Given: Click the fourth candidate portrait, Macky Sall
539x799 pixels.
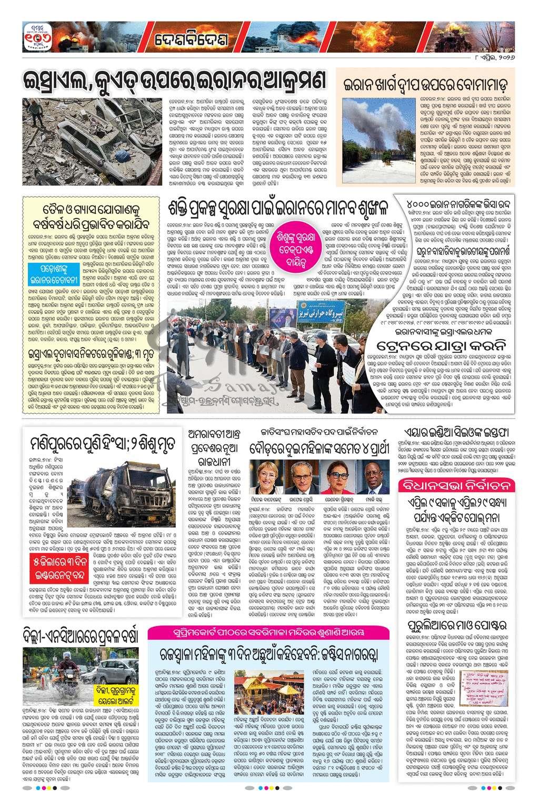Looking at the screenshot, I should pos(372,477).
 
